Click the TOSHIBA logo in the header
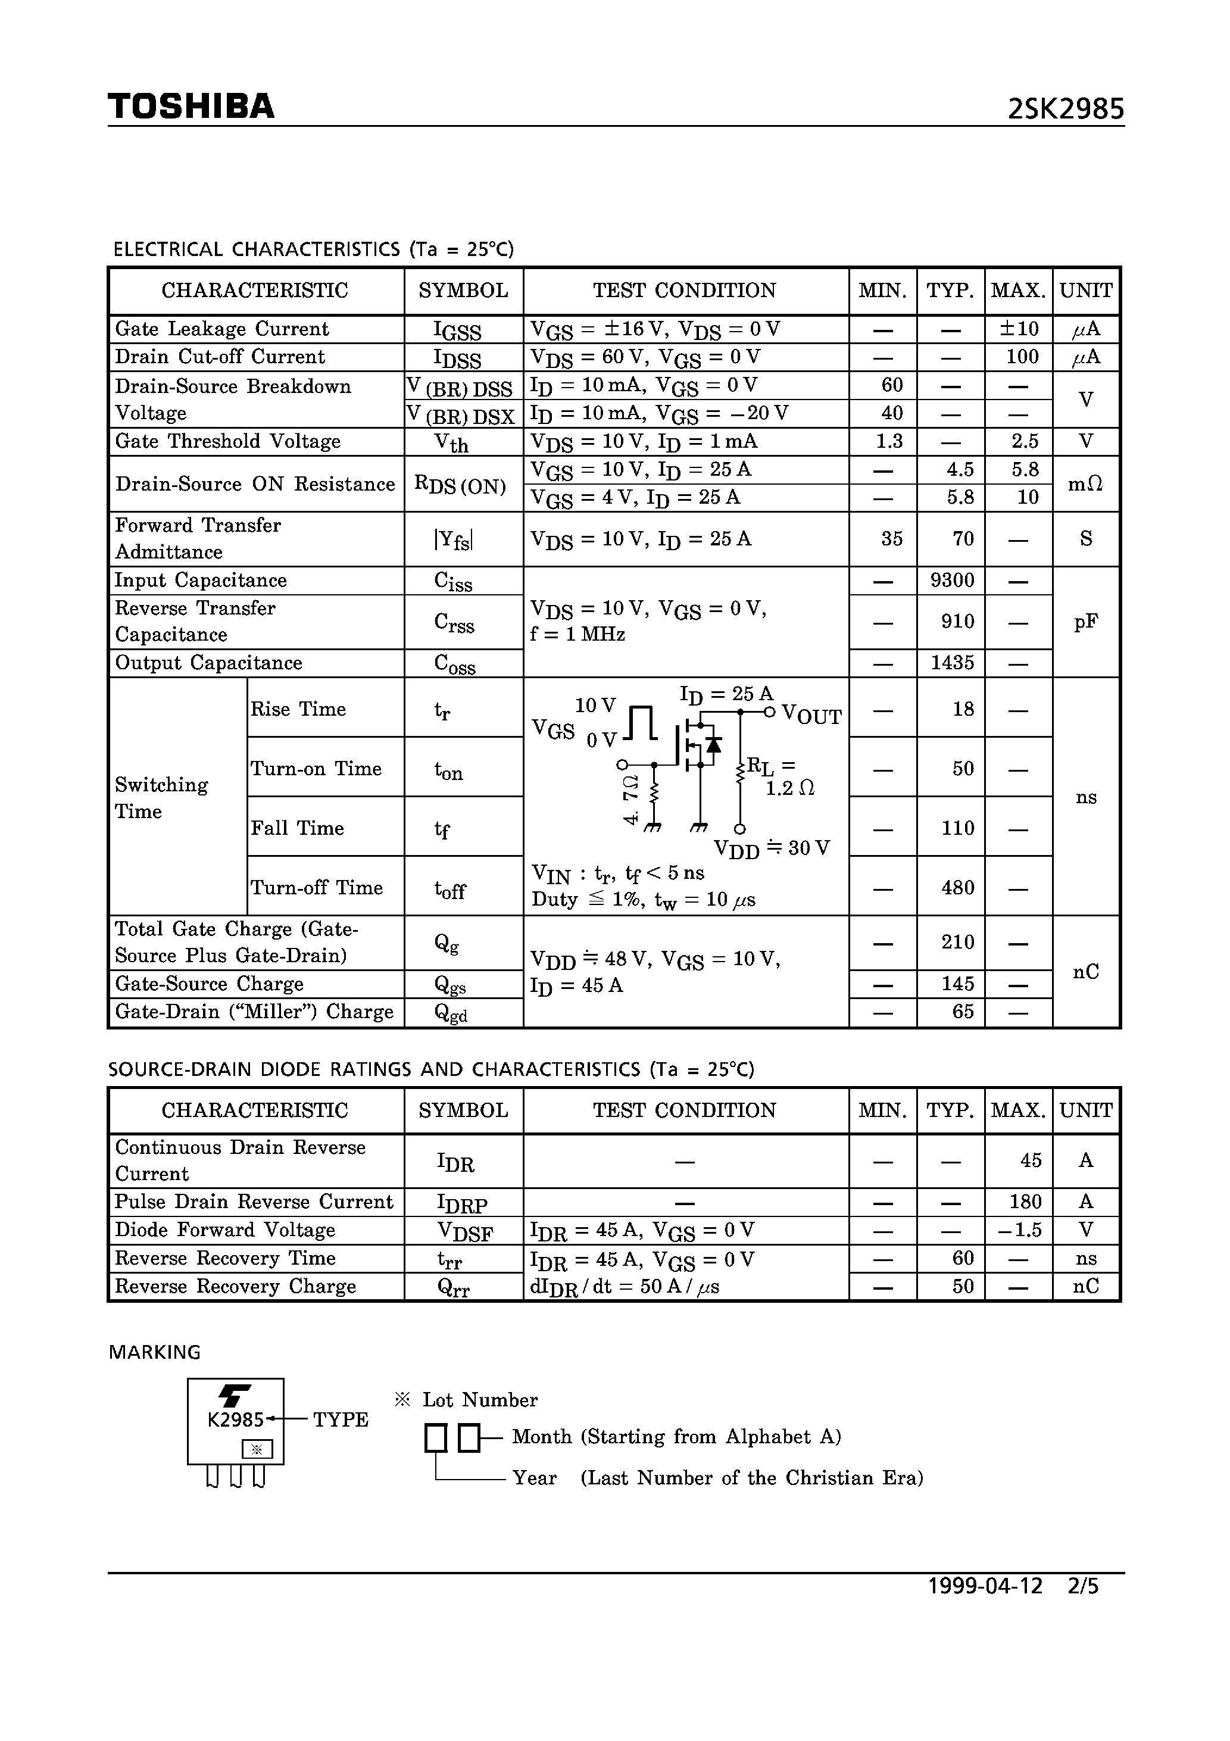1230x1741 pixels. pyautogui.click(x=191, y=106)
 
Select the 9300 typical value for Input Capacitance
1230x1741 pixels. pyautogui.click(x=952, y=581)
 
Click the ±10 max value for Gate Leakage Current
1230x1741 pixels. pyautogui.click(x=1019, y=329)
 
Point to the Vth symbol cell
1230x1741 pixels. pyautogui.click(x=451, y=442)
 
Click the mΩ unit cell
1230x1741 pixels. pyautogui.click(x=1085, y=484)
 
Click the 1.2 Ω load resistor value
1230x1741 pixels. pyautogui.click(x=789, y=788)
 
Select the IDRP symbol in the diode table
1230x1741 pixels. pyautogui.click(x=462, y=1203)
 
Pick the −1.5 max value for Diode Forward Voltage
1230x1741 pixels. pyautogui.click(x=1020, y=1230)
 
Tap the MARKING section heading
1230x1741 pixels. pyautogui.click(x=155, y=1352)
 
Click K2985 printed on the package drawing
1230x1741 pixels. pyautogui.click(x=235, y=1419)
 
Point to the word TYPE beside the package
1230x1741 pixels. pyautogui.click(x=341, y=1419)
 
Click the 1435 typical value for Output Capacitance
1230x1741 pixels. pyautogui.click(x=952, y=663)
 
